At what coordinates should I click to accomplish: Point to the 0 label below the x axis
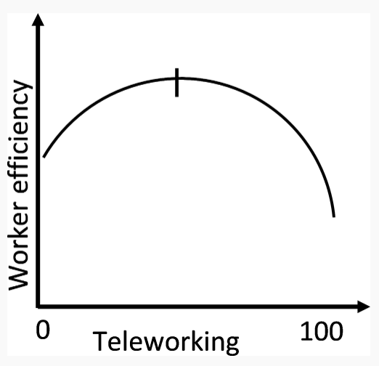pos(43,330)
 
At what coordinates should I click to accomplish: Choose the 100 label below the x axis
pos(322,331)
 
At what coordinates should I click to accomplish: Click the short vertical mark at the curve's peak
pos(177,83)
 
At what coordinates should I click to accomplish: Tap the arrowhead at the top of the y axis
pos(38,20)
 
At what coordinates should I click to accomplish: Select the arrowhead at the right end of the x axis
pos(364,306)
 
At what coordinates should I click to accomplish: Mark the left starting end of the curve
pos(44,157)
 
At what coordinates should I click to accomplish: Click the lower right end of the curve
pos(334,216)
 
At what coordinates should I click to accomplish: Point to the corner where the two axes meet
pos(38,306)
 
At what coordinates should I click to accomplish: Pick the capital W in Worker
pos(19,275)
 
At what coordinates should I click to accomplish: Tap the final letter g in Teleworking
pos(232,346)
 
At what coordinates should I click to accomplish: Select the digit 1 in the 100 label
pos(306,331)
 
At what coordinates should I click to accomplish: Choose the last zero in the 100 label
pos(336,331)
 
